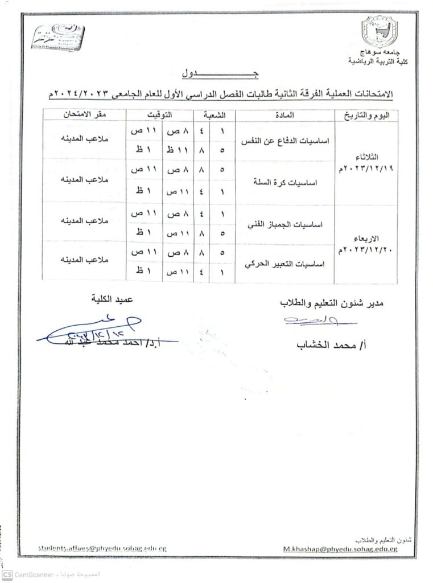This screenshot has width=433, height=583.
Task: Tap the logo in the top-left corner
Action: (x=57, y=37)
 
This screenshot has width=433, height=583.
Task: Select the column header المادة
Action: (x=284, y=115)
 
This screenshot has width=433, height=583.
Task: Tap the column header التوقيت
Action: (x=161, y=115)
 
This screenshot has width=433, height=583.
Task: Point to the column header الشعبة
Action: (x=215, y=115)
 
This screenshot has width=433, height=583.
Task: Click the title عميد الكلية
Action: (x=116, y=298)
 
